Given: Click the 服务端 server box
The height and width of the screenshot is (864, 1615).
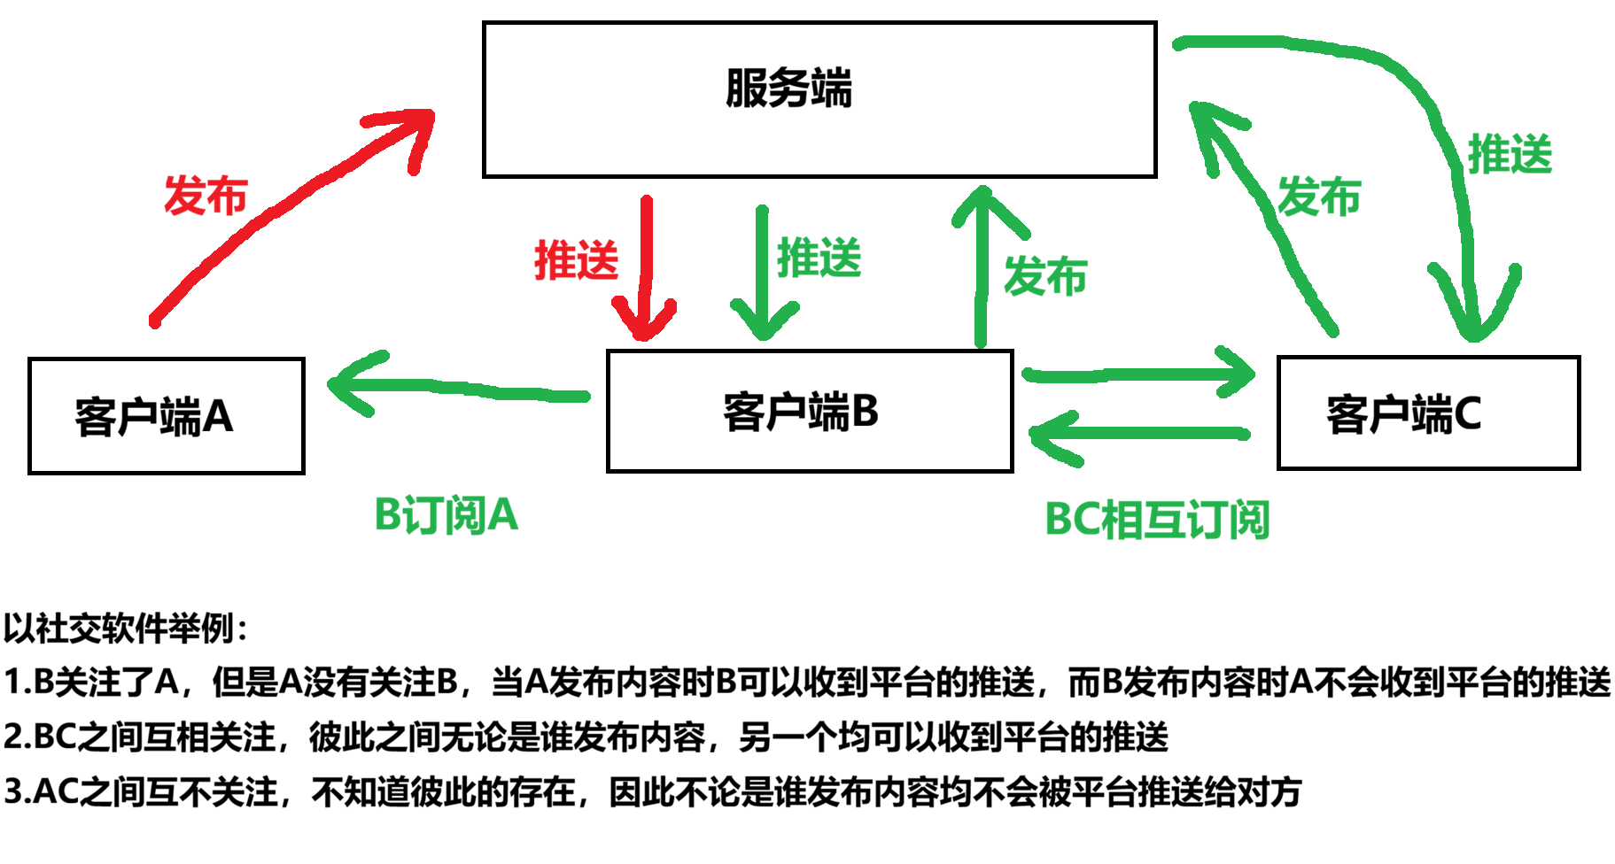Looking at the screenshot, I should click(819, 99).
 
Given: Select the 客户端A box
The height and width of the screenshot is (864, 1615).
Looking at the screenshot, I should click(166, 416).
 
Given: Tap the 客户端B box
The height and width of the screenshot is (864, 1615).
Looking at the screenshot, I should click(809, 412).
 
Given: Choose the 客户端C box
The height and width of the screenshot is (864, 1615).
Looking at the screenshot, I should click(1427, 413).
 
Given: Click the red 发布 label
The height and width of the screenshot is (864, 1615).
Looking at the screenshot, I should click(206, 196).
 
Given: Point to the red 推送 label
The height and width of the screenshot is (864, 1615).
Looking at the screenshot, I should click(576, 260).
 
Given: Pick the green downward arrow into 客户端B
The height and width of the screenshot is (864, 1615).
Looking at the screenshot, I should click(762, 274).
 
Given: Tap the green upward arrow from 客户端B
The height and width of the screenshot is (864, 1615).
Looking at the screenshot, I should click(982, 266).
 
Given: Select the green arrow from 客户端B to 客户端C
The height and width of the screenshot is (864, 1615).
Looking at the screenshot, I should click(1138, 374).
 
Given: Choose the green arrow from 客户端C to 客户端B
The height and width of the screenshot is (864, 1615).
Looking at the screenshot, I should click(1138, 434).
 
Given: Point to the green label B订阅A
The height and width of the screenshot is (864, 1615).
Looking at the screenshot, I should click(446, 515).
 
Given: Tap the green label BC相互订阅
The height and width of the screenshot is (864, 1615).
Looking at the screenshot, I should click(1157, 520).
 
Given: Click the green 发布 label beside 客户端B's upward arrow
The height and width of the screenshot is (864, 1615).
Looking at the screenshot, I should click(1045, 276).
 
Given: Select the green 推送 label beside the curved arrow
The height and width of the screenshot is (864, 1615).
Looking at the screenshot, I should click(1510, 155).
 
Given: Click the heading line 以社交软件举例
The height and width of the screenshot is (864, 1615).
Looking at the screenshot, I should click(126, 629).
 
